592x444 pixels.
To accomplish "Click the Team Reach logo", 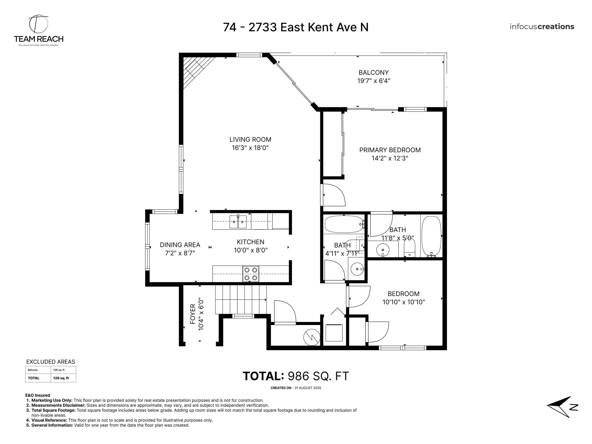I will pos(39,30).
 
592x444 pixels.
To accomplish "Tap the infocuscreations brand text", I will pos(542,27).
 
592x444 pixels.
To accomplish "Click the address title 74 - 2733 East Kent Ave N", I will pos(295,27).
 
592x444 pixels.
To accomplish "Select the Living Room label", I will pos(250,140).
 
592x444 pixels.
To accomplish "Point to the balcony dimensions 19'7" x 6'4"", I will pos(374,81).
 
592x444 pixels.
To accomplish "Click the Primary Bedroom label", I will pos(390,150).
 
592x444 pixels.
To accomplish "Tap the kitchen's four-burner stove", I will pos(251,274).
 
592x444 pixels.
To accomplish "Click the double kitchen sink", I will pos(238,222).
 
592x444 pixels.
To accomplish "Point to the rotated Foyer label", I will pos(193,314).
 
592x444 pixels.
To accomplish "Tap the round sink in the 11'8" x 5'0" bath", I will pos(383,250).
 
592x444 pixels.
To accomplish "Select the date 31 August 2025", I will pos(308,388).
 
